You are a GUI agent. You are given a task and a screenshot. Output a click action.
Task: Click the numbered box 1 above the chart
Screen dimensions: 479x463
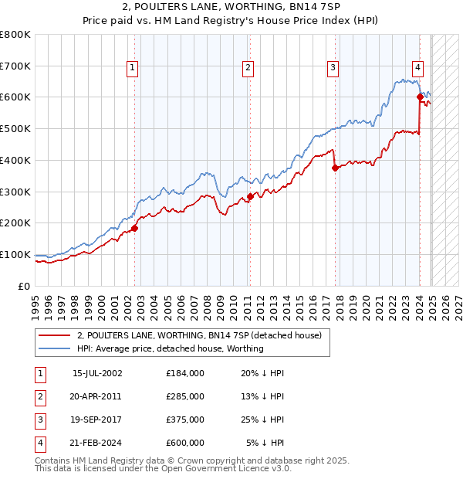tap(133, 68)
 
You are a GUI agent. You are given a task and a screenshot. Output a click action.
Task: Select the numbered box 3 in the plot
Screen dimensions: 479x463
tap(333, 68)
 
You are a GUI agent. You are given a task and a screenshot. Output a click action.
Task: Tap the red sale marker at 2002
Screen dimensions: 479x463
tap(134, 228)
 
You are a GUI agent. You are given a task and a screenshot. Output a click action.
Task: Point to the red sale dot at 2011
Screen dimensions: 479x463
tap(250, 196)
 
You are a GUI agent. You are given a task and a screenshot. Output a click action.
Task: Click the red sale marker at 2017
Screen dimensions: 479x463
tap(335, 168)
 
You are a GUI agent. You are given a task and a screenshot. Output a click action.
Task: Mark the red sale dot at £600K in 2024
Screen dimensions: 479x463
tap(420, 97)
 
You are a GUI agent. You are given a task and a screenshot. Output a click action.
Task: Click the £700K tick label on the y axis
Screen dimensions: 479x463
tap(15, 66)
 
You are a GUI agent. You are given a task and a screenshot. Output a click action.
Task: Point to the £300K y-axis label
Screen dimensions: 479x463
tap(15, 192)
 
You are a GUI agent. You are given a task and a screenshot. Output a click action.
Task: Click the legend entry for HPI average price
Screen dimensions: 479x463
tap(171, 348)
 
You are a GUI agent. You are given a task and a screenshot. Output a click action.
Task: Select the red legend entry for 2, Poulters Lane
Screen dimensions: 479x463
tap(204, 335)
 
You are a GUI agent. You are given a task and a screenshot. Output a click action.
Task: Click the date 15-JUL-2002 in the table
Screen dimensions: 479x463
tap(97, 373)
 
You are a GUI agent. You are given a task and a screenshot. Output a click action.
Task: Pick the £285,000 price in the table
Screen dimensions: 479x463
tap(184, 396)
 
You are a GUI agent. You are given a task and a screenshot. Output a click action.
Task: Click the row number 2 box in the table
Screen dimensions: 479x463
tap(39, 396)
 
